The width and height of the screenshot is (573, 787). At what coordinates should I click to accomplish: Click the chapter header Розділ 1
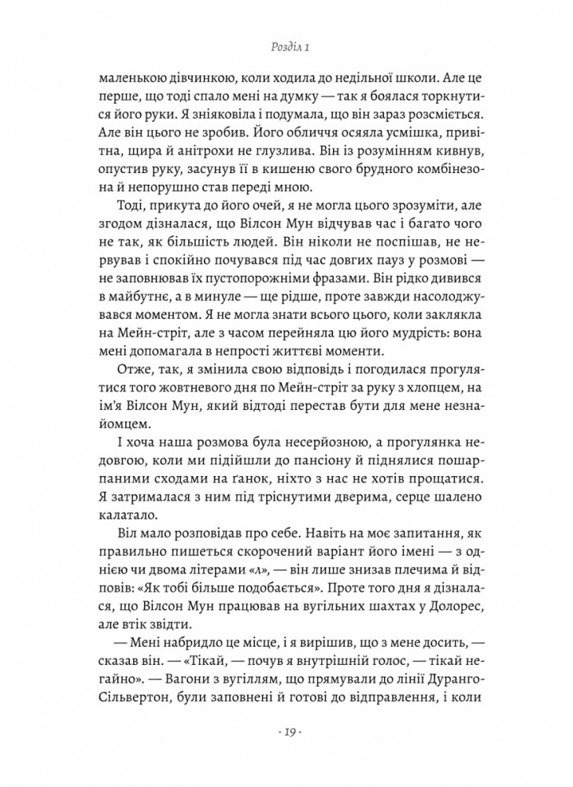coord(286,47)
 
